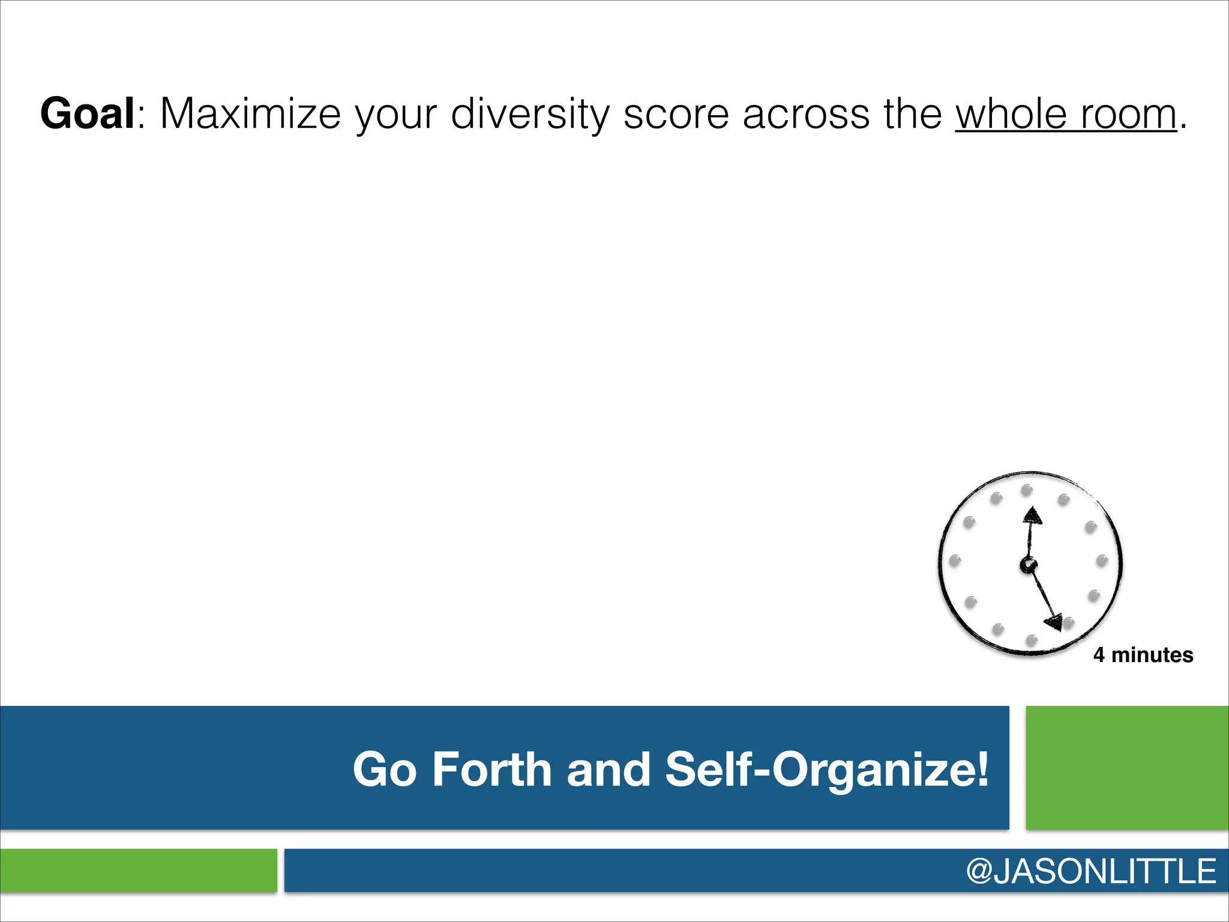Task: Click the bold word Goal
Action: tap(88, 113)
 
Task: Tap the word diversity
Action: tap(530, 113)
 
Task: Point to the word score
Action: tap(676, 113)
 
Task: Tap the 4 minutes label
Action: tap(1143, 655)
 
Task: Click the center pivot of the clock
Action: tap(1028, 565)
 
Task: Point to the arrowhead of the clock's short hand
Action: tap(1033, 516)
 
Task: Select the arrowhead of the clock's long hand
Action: tap(1054, 622)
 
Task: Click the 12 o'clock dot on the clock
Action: tap(1027, 490)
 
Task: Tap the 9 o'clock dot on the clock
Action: tap(955, 561)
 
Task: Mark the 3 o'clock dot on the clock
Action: tap(1102, 561)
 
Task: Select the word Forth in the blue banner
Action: tap(491, 769)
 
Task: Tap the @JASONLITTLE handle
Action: tap(1090, 871)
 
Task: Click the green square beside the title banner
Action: tap(1127, 768)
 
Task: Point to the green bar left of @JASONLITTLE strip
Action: tap(139, 870)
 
